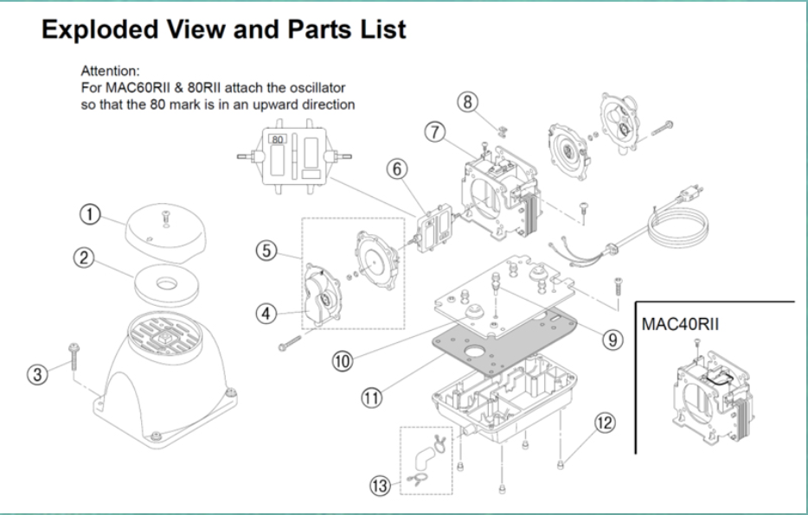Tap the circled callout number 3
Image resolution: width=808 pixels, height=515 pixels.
coord(36,375)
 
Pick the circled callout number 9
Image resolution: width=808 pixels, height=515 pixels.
coord(613,339)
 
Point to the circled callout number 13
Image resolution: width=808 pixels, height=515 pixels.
coord(381,486)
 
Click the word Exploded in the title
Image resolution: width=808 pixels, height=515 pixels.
coord(98,30)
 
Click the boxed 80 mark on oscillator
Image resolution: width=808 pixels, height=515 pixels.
coord(278,138)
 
